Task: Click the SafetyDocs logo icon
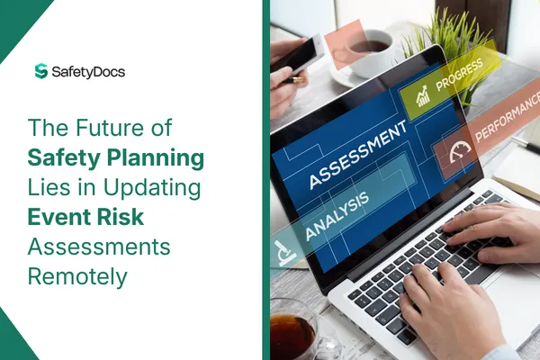point(40,71)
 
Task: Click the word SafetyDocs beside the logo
point(86,71)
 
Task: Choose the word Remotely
point(77,277)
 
